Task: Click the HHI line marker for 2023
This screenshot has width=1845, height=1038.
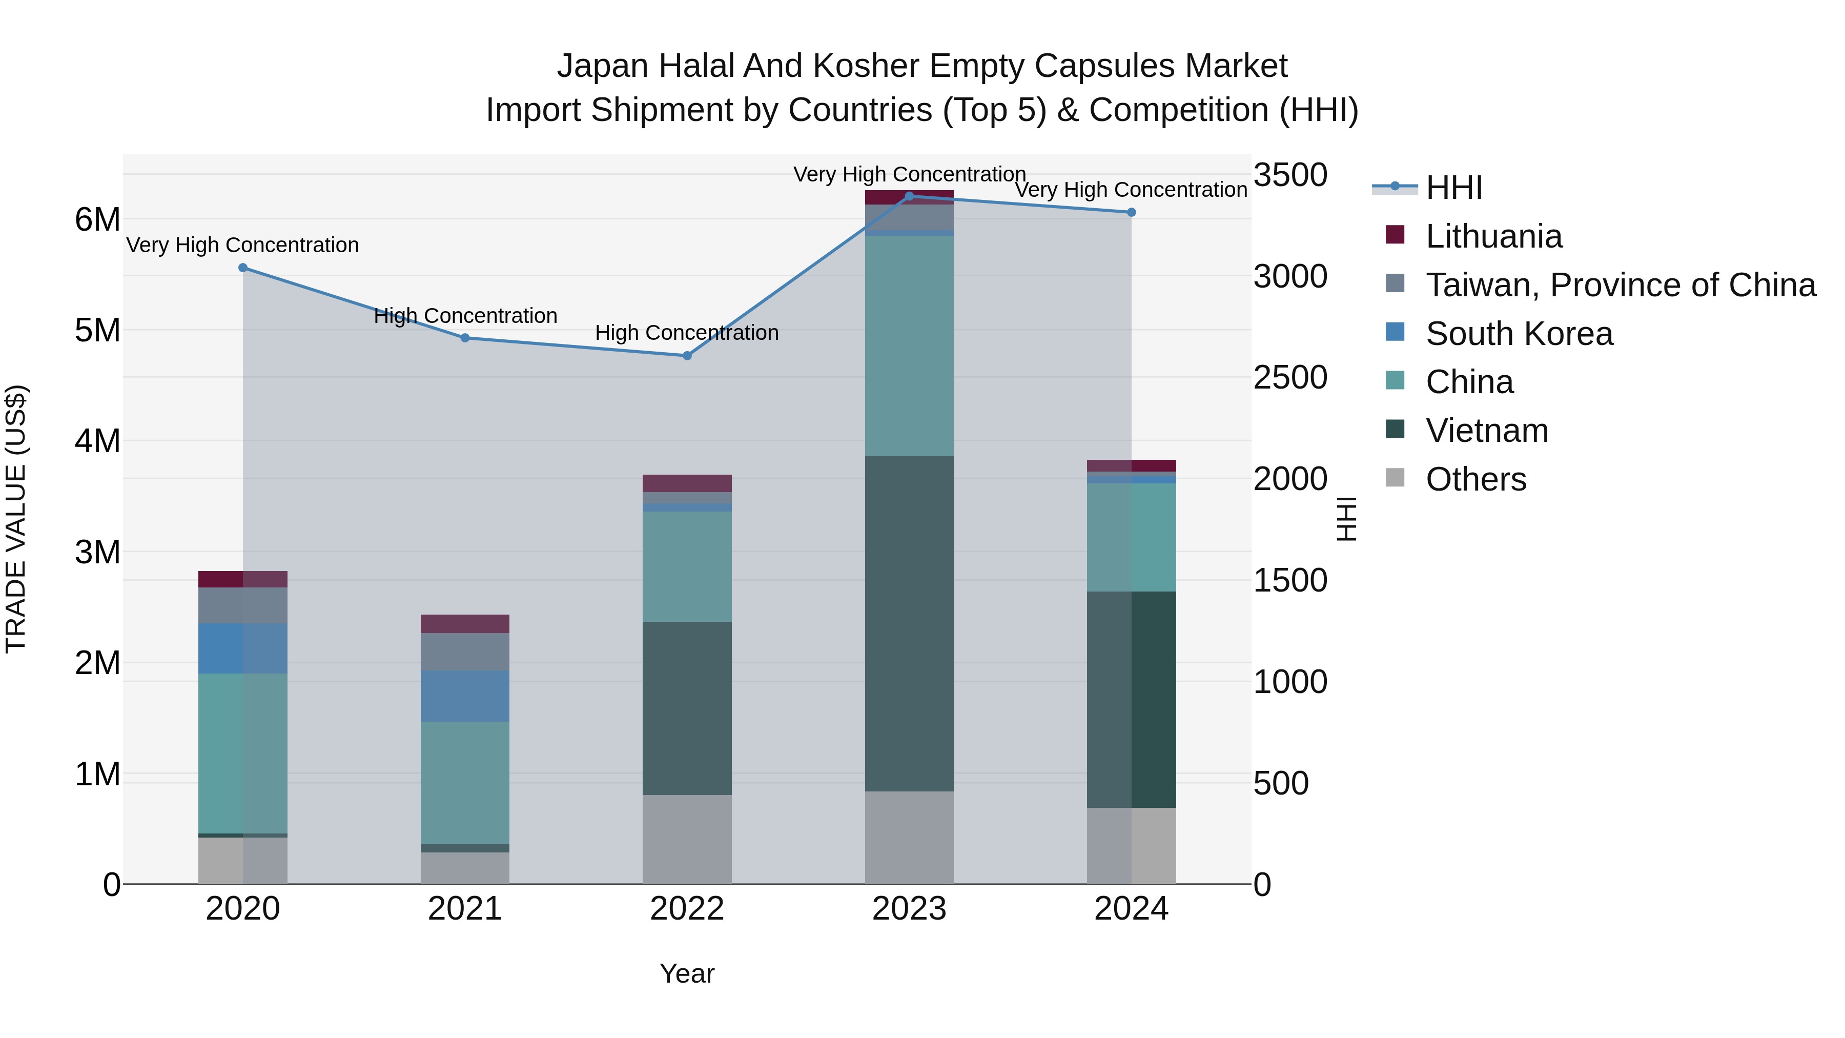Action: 909,196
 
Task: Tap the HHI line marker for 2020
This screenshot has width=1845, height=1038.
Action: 243,268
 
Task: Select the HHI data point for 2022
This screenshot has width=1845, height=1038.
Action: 687,355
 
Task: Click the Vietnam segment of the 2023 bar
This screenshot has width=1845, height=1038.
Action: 909,623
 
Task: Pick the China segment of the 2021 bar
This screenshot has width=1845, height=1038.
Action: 465,782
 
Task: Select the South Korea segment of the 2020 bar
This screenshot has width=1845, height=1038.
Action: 243,648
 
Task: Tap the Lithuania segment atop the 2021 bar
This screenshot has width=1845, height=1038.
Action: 465,623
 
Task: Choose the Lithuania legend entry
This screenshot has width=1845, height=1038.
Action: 1493,236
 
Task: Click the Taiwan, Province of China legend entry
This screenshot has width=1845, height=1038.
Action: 1620,285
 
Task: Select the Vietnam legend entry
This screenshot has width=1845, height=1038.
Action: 1487,431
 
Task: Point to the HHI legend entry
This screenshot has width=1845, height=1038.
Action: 1453,188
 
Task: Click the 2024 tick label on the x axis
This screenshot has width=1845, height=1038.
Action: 1131,909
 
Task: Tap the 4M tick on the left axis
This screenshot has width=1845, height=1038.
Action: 97,440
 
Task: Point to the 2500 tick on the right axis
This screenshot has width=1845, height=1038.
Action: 1290,377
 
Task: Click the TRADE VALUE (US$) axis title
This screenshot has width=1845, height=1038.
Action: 16,519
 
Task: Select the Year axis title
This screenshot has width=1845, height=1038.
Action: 687,973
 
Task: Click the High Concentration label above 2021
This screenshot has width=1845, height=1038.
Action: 465,316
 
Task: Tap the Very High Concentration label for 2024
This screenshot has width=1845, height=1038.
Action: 1131,190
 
